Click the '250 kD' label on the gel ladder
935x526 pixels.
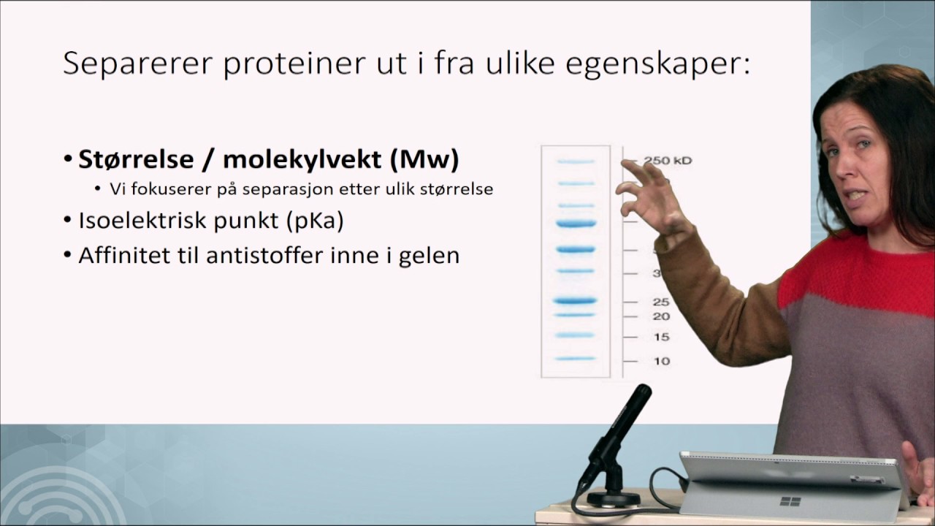(667, 161)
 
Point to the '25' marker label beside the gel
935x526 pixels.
(660, 302)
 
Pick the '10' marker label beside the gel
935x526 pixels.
(660, 361)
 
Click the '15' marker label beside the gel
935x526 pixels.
(660, 337)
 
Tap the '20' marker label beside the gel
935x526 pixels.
(660, 316)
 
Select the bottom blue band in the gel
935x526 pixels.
(575, 359)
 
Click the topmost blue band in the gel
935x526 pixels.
(575, 161)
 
